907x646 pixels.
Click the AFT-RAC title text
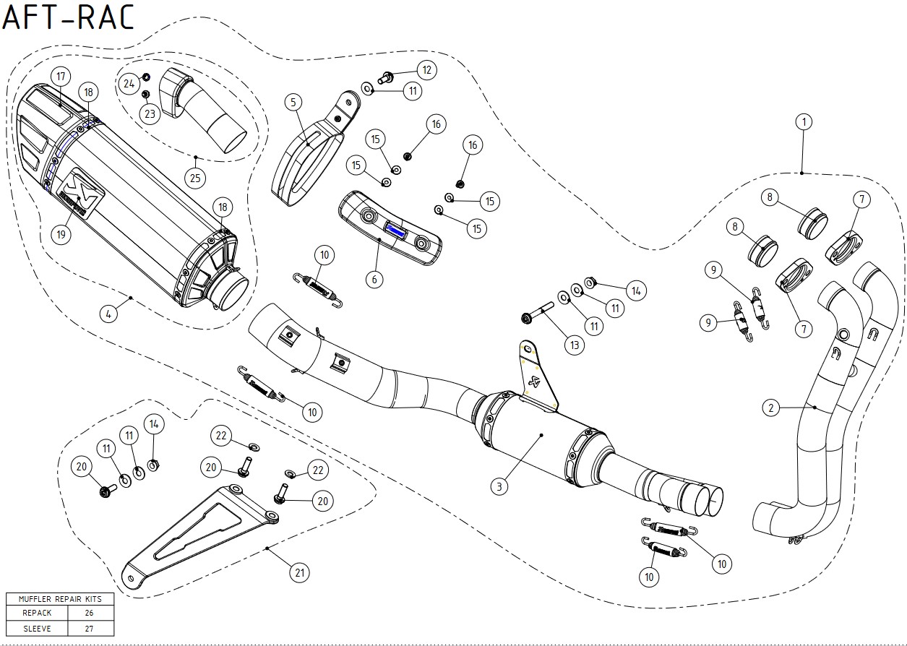[69, 17]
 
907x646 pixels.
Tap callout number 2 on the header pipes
[771, 408]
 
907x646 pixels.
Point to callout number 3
[498, 486]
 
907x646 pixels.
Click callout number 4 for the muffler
[107, 314]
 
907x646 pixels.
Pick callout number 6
[374, 278]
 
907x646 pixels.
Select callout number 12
[426, 70]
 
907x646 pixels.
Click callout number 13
[574, 345]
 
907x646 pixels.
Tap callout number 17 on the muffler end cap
[59, 77]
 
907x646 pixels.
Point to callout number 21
[298, 573]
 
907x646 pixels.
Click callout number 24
[129, 84]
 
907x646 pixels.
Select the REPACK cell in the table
[37, 613]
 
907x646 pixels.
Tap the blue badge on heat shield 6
[395, 231]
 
